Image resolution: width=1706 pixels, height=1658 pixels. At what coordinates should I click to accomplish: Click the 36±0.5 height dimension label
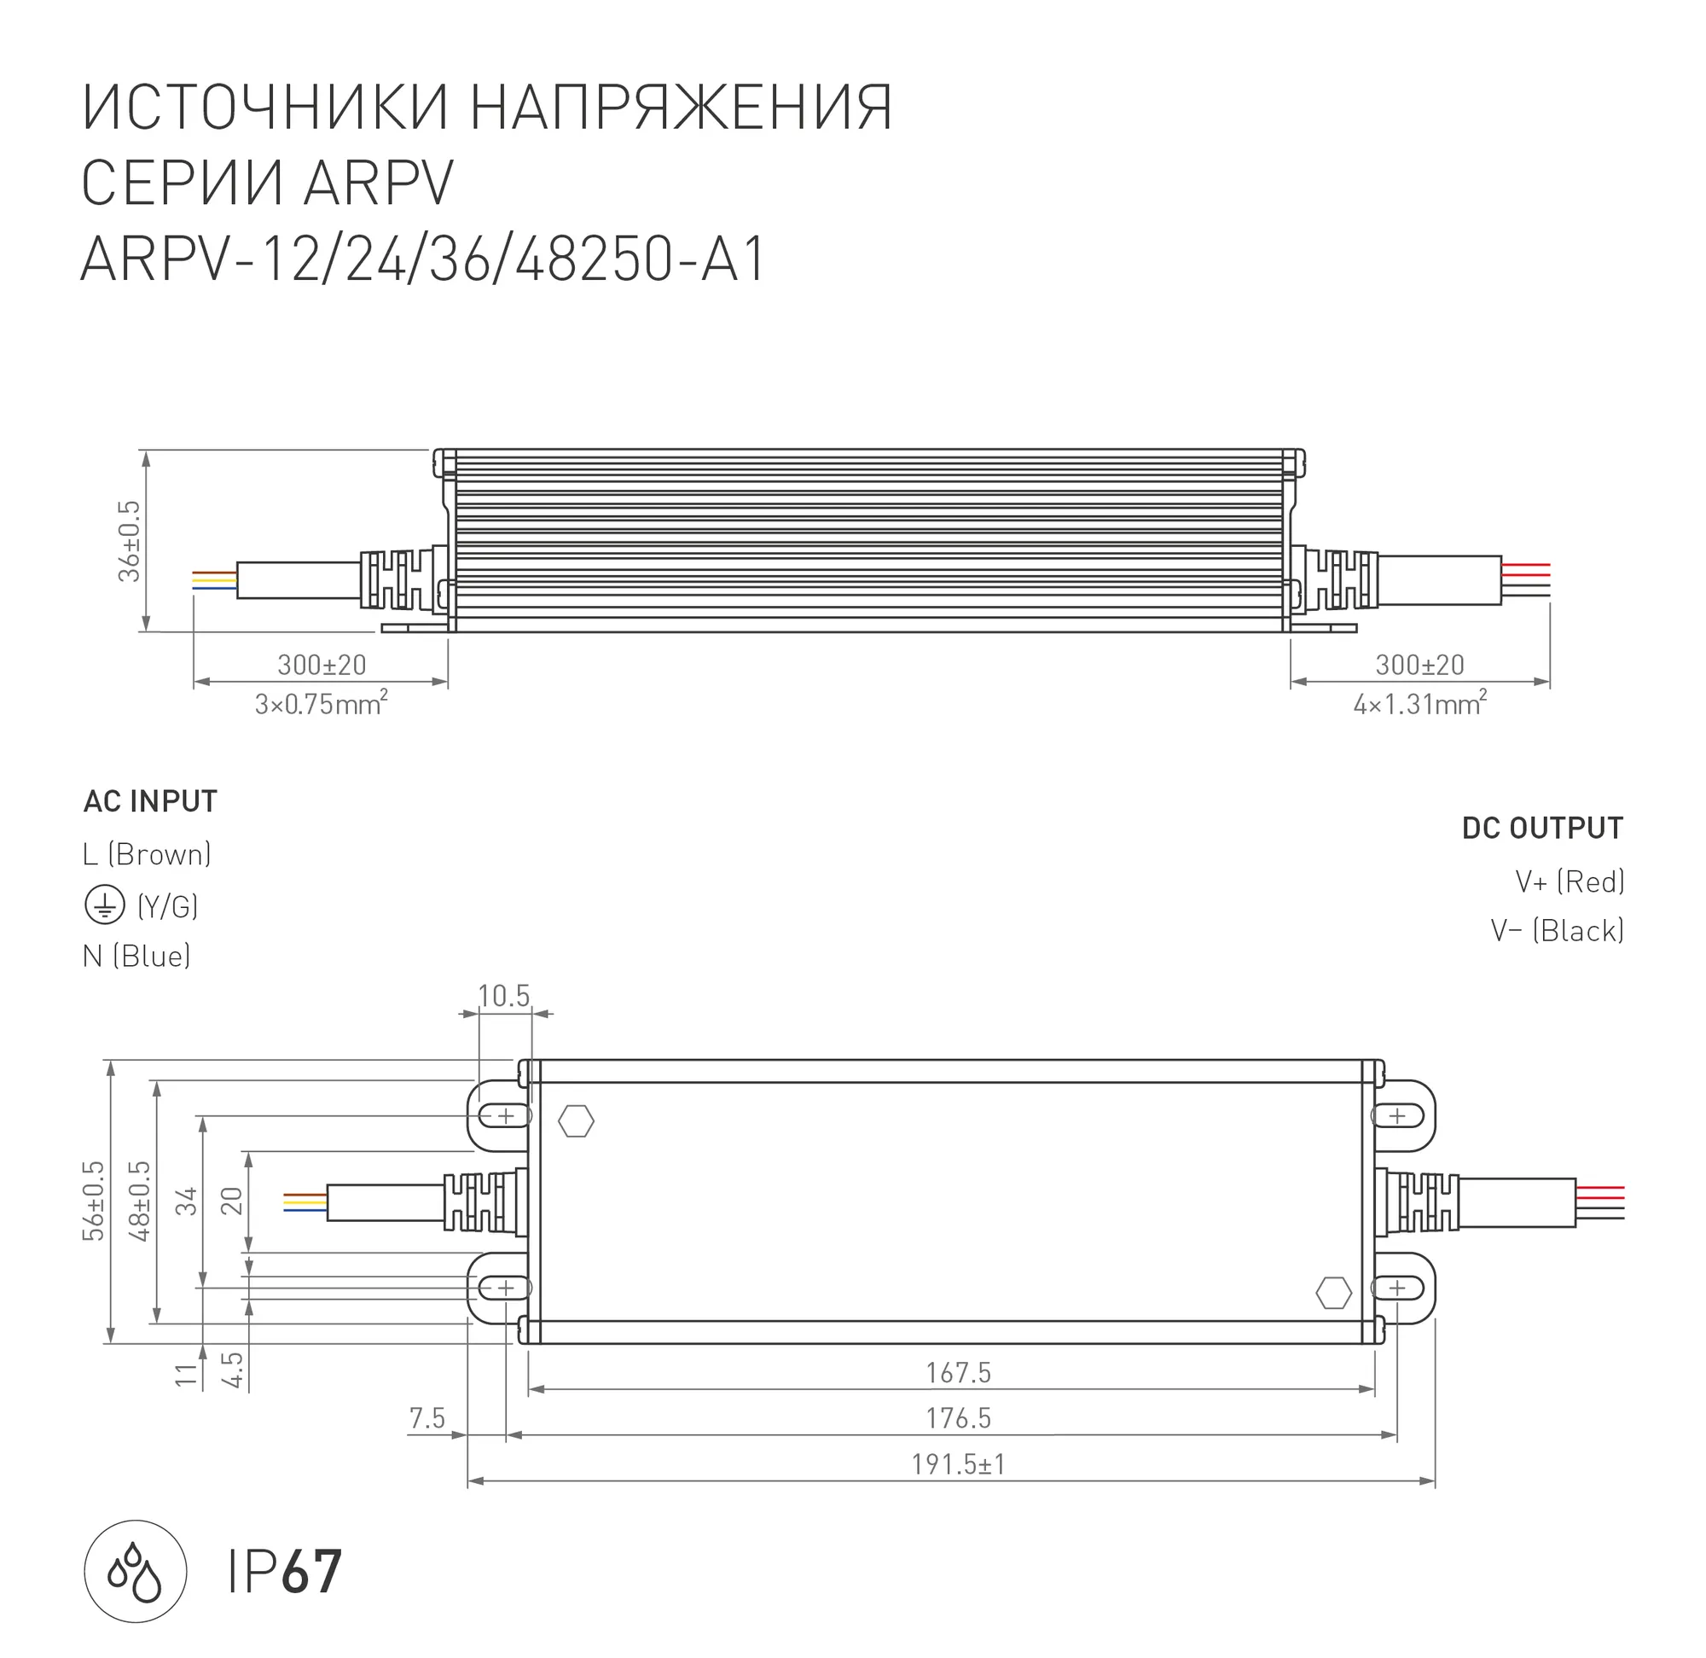pos(129,541)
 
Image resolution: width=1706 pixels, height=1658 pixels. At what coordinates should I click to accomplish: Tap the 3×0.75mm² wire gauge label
pos(322,703)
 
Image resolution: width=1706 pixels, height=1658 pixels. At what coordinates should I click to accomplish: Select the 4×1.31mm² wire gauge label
pos(1420,703)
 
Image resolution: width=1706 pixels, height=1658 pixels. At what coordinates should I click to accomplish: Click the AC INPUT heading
pos(150,801)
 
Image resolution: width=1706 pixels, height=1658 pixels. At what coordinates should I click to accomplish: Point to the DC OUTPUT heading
pos(1542,828)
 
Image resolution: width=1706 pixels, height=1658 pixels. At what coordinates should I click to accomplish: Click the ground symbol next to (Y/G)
pos(104,906)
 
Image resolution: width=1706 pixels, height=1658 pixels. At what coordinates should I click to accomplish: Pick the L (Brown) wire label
pos(147,855)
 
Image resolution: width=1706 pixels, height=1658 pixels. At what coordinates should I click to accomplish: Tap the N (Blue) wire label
pos(136,956)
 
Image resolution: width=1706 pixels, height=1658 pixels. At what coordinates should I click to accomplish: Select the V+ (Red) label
pos(1570,882)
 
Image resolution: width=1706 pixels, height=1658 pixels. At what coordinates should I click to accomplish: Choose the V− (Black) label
pos(1558,931)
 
